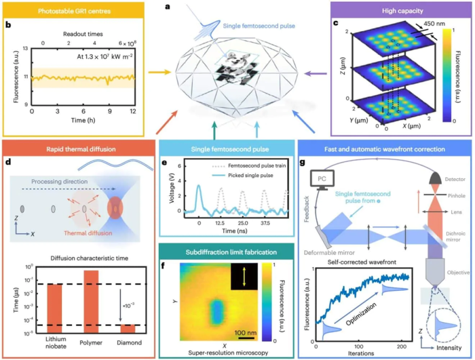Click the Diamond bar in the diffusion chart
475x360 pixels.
[x=127, y=328]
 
